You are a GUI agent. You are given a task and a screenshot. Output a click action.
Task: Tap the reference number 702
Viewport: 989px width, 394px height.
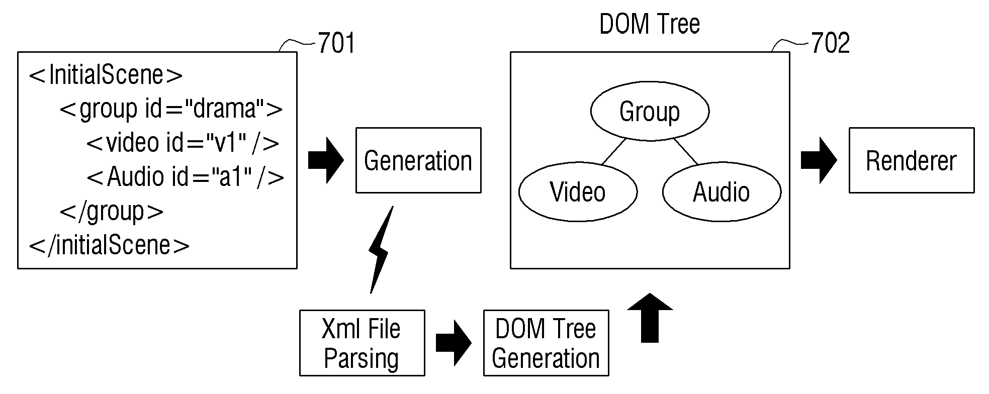pyautogui.click(x=831, y=43)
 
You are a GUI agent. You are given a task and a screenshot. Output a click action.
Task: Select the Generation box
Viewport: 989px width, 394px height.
pyautogui.click(x=418, y=160)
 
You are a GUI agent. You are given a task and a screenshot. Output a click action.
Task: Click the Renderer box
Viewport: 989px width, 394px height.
pyautogui.click(x=912, y=160)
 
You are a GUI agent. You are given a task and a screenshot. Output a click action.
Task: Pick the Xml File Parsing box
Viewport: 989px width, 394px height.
pyautogui.click(x=362, y=343)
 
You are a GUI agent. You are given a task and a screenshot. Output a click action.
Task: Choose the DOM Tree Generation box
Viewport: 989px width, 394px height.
pyautogui.click(x=546, y=343)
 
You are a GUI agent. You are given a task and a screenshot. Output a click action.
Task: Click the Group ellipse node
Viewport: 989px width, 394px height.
pyautogui.click(x=650, y=111)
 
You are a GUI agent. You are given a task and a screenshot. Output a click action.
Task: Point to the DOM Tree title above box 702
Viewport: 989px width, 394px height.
pyautogui.click(x=650, y=24)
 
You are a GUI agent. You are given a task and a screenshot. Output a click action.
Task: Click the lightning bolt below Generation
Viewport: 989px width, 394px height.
pyautogui.click(x=381, y=250)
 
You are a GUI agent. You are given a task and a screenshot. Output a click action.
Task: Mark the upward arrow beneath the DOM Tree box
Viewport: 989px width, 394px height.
pyautogui.click(x=650, y=318)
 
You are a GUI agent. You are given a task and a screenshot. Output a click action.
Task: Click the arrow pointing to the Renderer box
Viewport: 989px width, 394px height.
pyautogui.click(x=819, y=160)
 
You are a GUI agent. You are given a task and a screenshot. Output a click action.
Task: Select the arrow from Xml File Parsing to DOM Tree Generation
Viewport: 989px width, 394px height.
pyautogui.click(x=454, y=343)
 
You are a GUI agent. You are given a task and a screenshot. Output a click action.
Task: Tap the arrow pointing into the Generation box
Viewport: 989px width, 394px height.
pyautogui.click(x=326, y=160)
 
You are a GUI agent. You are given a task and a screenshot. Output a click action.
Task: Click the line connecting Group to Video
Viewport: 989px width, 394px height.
pyautogui.click(x=614, y=151)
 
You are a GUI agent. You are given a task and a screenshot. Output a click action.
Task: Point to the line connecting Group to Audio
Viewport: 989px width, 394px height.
pyautogui.click(x=686, y=151)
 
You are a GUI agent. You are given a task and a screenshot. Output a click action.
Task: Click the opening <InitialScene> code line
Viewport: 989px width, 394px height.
pyautogui.click(x=106, y=75)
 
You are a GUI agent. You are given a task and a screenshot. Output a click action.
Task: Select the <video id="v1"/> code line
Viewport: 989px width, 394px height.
pyautogui.click(x=183, y=143)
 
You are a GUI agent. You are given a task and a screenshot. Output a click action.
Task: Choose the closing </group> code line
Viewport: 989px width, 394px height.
pyautogui.click(x=112, y=212)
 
